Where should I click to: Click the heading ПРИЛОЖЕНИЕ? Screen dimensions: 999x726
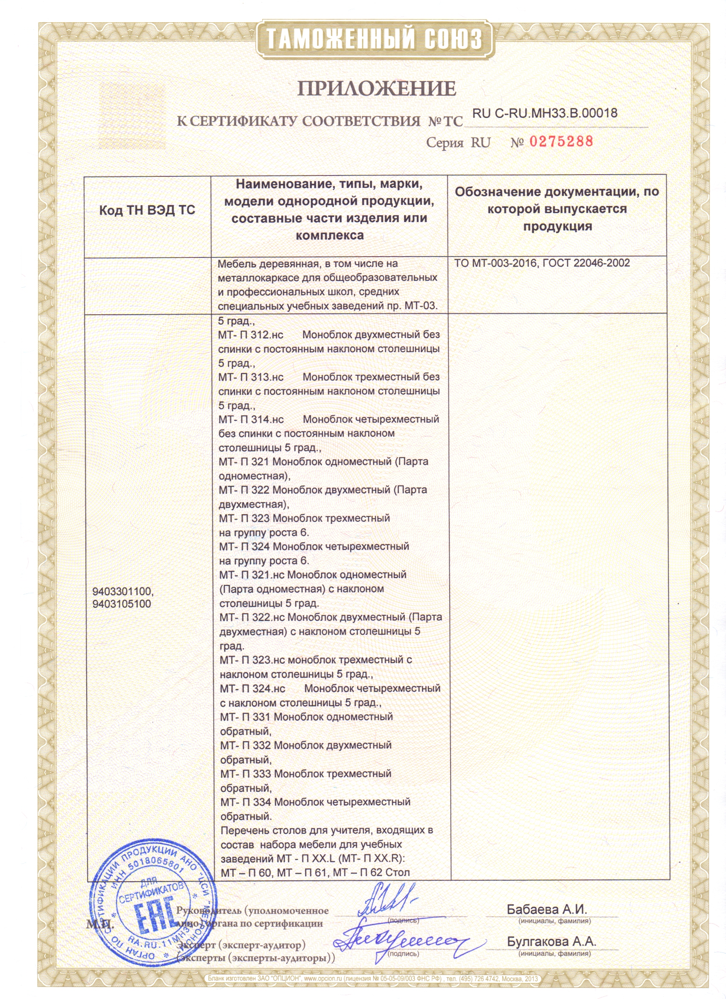[x=377, y=88]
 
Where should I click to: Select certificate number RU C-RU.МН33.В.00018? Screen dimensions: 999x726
[x=544, y=113]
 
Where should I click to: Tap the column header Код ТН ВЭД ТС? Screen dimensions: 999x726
[x=147, y=210]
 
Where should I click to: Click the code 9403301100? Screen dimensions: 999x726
[x=122, y=591]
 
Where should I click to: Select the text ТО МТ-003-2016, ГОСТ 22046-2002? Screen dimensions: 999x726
[x=542, y=263]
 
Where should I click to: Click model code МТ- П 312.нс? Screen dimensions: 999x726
[x=250, y=335]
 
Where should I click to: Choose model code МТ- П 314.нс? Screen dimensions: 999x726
[x=251, y=420]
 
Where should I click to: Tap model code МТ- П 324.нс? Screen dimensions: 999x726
[x=252, y=689]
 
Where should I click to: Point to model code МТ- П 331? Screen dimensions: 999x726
[x=246, y=717]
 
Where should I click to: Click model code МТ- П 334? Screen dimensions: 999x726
[x=246, y=802]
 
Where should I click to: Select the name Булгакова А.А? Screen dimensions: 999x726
[x=551, y=941]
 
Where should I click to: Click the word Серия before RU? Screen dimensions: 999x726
[x=445, y=143]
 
